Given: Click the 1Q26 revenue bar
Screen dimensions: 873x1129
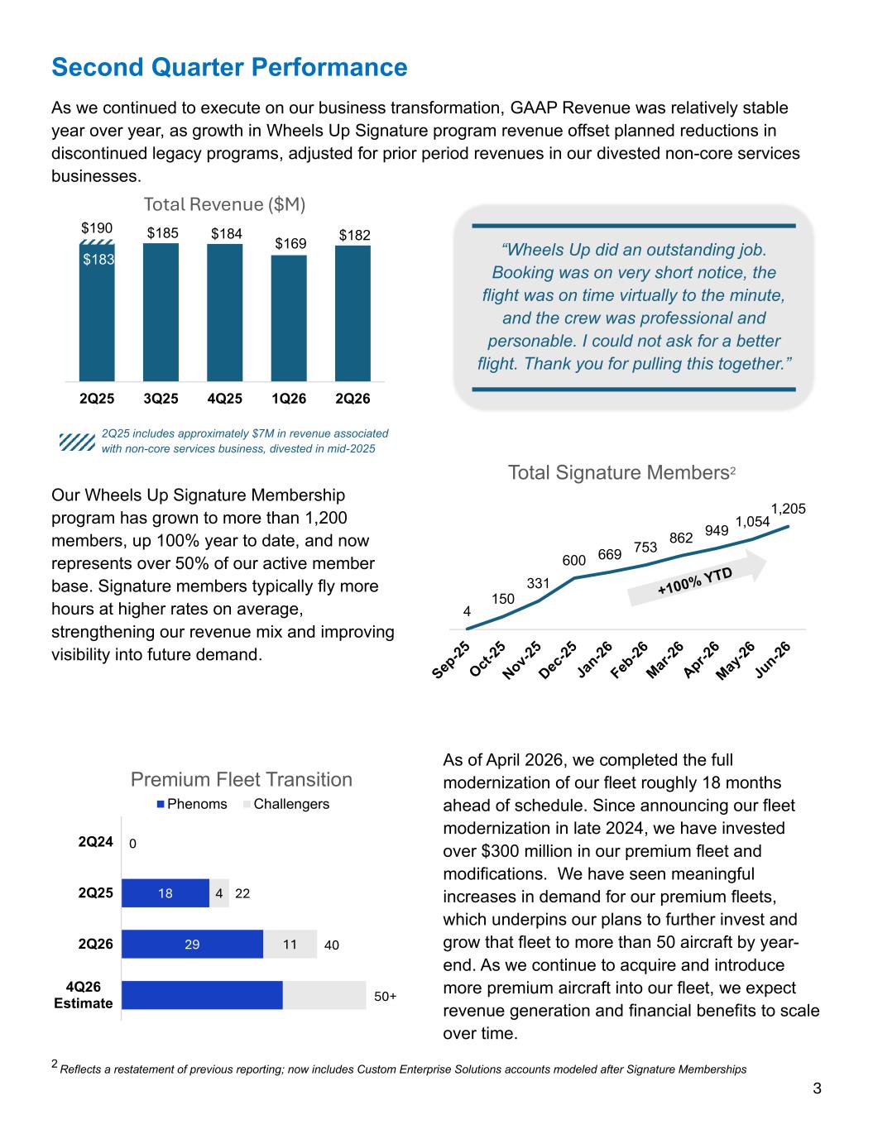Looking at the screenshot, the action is point(289,318).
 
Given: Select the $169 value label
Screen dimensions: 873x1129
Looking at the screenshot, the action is point(290,243).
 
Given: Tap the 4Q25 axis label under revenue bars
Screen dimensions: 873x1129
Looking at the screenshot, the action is point(224,399).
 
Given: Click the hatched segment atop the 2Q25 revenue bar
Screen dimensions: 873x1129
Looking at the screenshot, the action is point(97,242).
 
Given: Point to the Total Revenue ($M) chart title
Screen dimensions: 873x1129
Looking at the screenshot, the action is point(224,204).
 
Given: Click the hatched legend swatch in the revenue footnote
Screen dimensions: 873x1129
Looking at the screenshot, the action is point(77,441).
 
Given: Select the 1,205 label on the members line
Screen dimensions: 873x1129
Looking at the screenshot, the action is point(788,509).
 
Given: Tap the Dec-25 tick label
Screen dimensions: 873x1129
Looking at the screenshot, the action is point(558,659).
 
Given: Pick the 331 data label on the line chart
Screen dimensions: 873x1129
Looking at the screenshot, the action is point(538,583).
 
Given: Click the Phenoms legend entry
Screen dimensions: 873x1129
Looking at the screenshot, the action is point(192,804).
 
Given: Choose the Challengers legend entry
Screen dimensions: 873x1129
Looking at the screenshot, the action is point(285,804).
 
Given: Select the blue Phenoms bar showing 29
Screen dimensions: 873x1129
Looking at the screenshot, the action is point(192,944).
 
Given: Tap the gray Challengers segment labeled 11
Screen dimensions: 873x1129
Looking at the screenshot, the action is point(290,944).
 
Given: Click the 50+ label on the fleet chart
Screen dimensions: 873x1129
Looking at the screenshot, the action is point(385,996).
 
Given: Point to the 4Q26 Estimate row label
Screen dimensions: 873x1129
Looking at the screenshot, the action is point(84,995).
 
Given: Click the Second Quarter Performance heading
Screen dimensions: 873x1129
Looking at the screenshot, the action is point(229,67).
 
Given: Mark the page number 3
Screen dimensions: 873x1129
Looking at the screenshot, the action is point(817,1088).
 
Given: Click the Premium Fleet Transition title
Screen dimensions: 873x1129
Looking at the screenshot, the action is point(241,779).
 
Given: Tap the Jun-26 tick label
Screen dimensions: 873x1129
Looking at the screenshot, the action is point(773,659).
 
